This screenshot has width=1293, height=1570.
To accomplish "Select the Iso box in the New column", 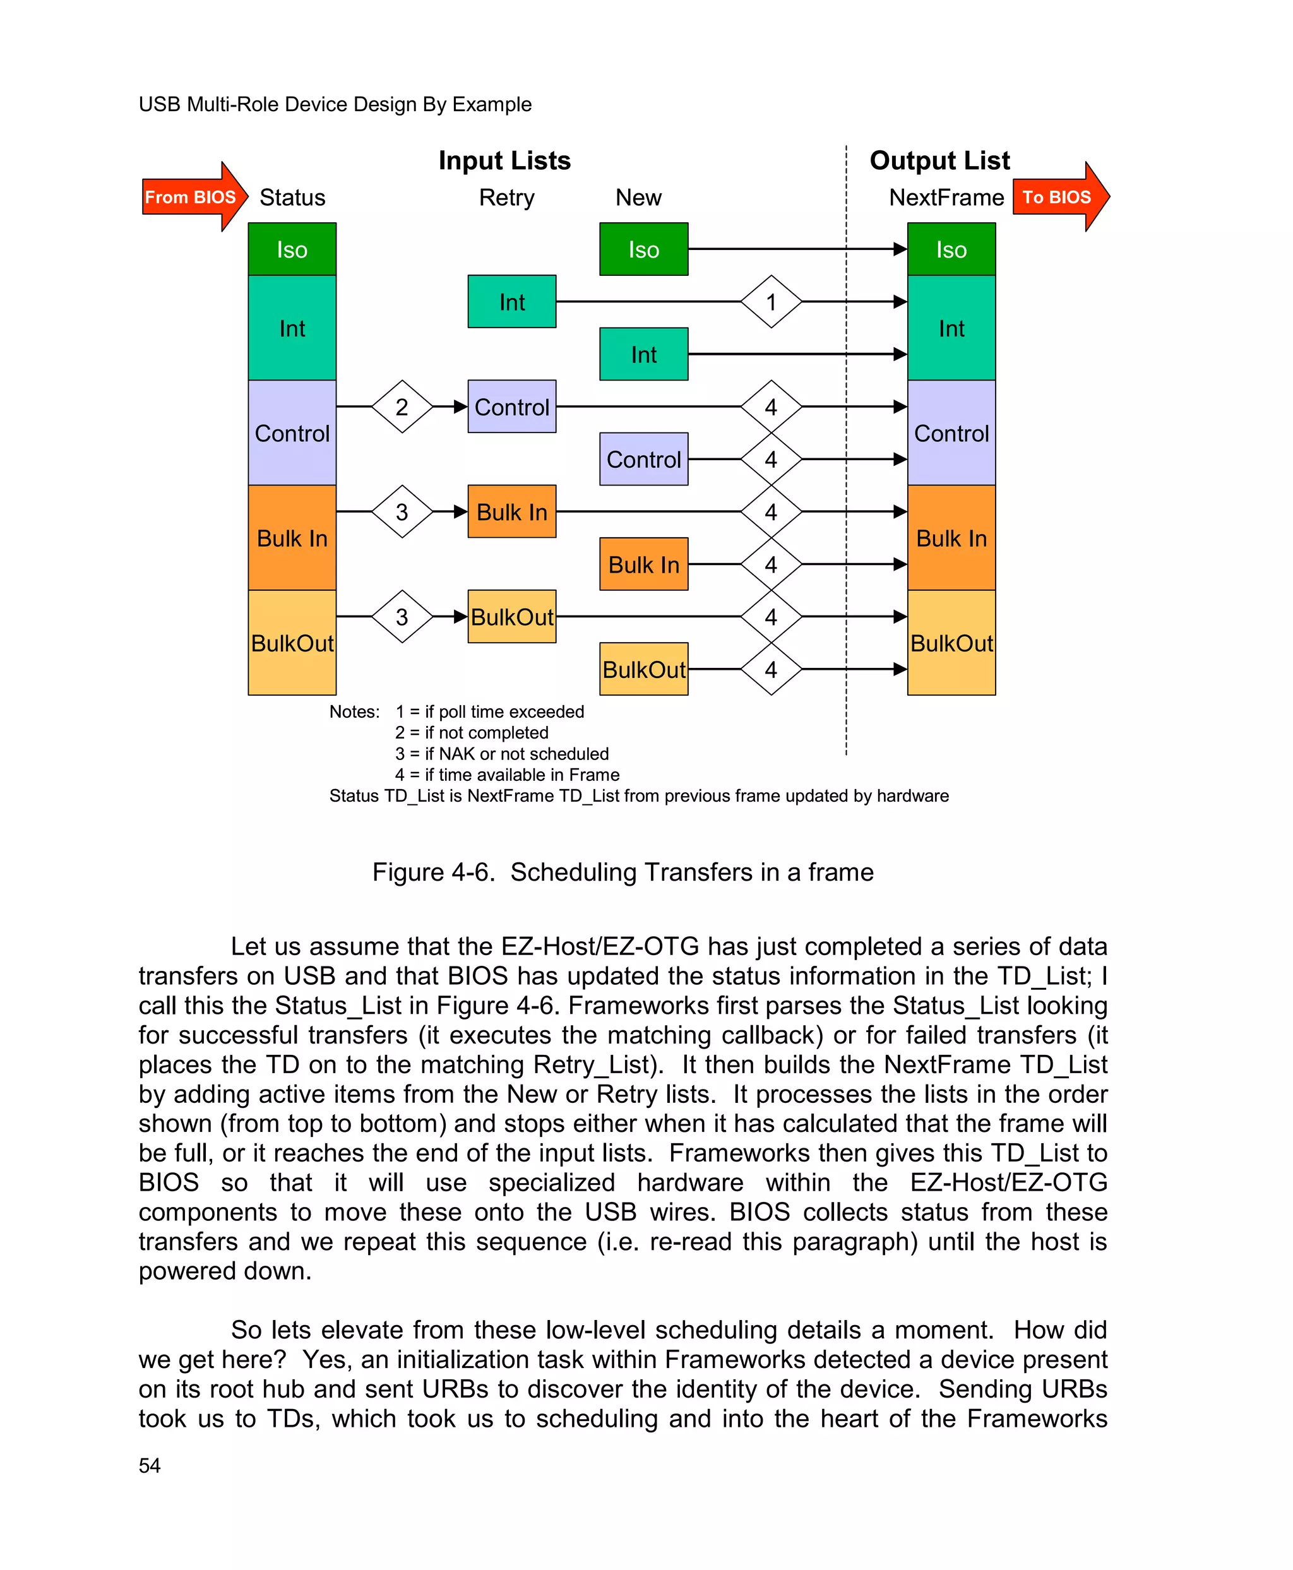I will point(643,249).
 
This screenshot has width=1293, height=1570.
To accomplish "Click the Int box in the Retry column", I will point(511,302).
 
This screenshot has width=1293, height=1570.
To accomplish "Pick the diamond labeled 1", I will point(771,302).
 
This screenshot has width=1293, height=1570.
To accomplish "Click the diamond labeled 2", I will point(402,407).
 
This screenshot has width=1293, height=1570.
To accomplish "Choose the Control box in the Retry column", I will point(511,407).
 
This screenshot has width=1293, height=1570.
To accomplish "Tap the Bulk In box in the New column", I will point(643,564).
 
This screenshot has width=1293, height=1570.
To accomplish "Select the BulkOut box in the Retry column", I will point(511,617).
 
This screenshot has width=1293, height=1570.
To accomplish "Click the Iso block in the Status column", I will point(292,249).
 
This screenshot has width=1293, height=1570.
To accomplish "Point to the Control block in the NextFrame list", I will point(951,432).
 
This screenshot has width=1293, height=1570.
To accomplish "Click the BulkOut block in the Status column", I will point(292,643).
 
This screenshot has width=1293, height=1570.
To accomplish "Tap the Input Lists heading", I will point(504,161).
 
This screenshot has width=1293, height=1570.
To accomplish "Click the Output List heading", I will point(939,161).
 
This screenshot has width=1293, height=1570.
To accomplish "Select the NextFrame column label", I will point(946,198).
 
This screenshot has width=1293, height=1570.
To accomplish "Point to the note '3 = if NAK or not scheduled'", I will point(502,754).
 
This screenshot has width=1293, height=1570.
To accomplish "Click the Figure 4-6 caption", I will point(623,872).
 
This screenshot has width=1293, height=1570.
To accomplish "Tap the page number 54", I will point(150,1466).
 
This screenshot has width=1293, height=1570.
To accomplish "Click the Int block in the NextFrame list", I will point(951,328).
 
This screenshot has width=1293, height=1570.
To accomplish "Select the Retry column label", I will point(506,198).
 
